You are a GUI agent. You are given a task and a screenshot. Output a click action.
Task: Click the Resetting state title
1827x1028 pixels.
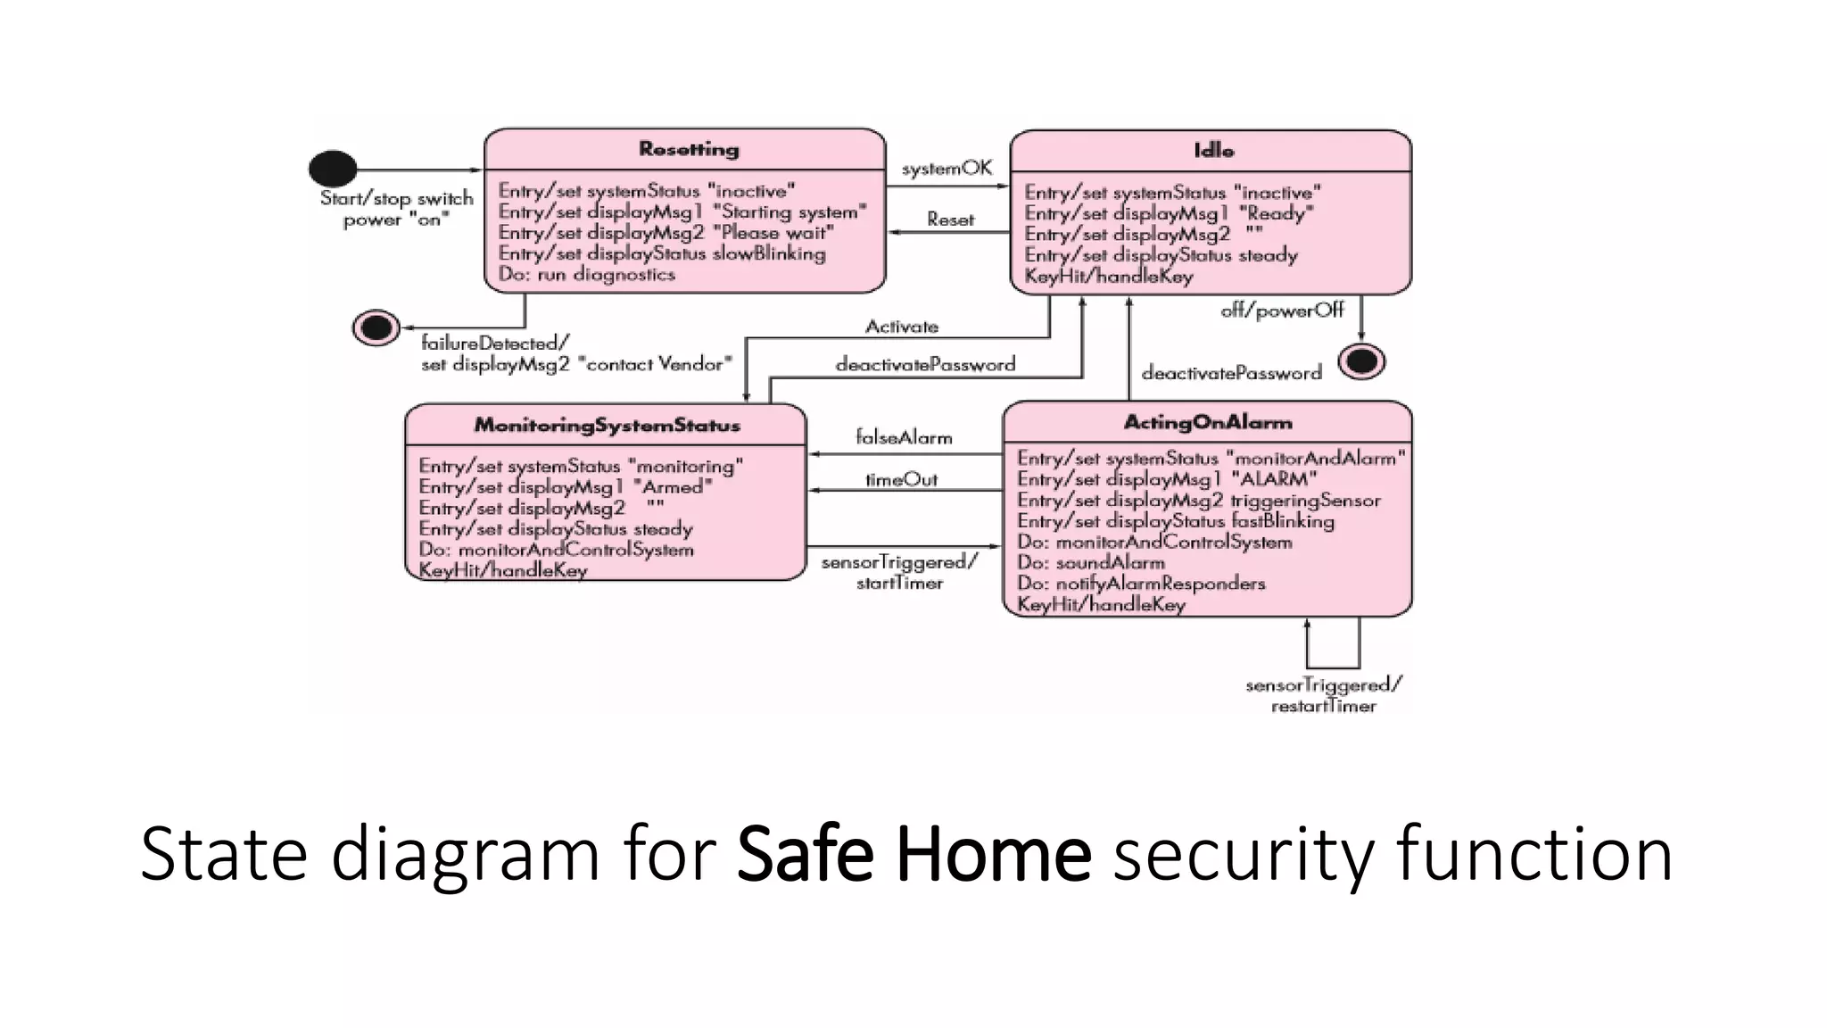pyautogui.click(x=689, y=149)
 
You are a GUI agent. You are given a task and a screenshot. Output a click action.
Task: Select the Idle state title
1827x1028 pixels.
pyautogui.click(x=1213, y=151)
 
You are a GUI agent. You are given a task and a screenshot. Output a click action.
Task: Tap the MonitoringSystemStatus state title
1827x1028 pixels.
pyautogui.click(x=607, y=425)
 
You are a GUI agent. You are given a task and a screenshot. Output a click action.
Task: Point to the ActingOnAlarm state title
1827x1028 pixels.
pyautogui.click(x=1208, y=422)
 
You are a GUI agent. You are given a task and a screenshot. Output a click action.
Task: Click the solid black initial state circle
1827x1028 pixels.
pyautogui.click(x=333, y=168)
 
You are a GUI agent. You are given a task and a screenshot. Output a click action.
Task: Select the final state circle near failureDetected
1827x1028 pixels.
pyautogui.click(x=376, y=327)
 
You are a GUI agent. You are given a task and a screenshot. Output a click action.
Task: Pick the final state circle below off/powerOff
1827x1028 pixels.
pyautogui.click(x=1361, y=361)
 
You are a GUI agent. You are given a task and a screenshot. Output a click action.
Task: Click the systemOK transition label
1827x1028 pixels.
pyautogui.click(x=947, y=168)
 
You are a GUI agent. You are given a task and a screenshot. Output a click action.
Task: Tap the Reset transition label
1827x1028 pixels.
pyautogui.click(x=950, y=220)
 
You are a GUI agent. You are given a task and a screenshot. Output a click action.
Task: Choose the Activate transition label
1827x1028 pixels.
pyautogui.click(x=901, y=327)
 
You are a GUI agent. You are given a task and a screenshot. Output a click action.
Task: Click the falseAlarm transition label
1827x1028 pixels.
pyautogui.click(x=904, y=437)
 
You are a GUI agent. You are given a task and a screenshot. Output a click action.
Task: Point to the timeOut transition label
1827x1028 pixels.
pyautogui.click(x=901, y=480)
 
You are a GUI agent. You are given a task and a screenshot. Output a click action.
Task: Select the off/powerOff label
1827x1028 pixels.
pyautogui.click(x=1282, y=311)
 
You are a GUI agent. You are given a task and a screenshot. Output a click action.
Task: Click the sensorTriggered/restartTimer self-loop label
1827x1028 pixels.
pyautogui.click(x=1324, y=695)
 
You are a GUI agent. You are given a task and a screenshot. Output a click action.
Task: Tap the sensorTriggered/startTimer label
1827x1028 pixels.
pyautogui.click(x=899, y=572)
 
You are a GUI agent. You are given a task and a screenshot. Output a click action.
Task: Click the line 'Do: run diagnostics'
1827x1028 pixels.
pyautogui.click(x=586, y=275)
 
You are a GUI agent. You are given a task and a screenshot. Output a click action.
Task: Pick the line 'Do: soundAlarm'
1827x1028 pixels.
pyautogui.click(x=1090, y=563)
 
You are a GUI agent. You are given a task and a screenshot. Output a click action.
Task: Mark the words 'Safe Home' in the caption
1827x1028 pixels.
pyautogui.click(x=913, y=854)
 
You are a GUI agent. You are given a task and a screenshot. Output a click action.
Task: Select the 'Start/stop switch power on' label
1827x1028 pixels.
pyautogui.click(x=396, y=209)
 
